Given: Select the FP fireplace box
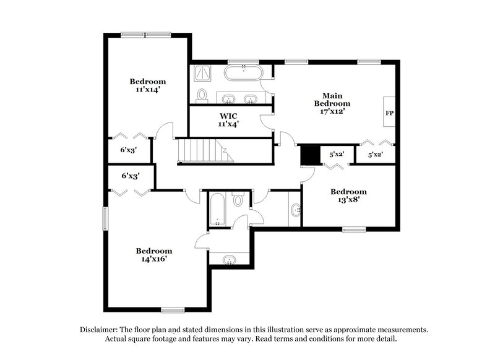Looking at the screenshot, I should (389, 113).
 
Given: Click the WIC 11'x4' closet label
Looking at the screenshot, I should (228, 119).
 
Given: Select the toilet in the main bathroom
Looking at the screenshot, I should (202, 95).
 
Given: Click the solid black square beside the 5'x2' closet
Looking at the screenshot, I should (308, 155).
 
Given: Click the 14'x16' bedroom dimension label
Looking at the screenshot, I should (154, 259).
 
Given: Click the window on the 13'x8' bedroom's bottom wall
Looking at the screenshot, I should (354, 229).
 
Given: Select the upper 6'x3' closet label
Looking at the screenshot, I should (128, 149).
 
